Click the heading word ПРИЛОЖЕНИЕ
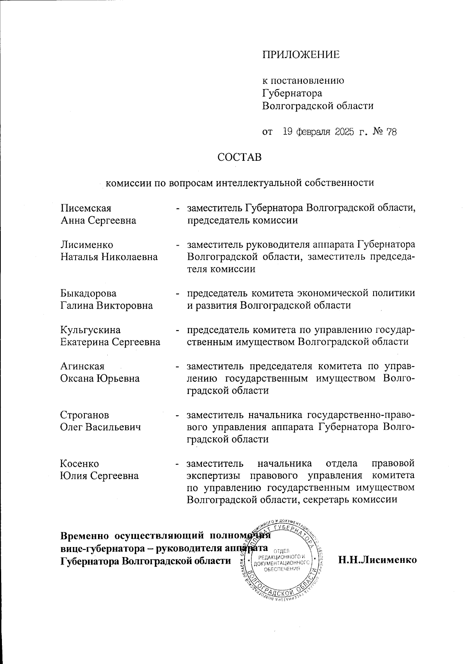coord(301,55)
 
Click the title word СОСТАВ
coord(239,157)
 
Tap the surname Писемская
coord(86,208)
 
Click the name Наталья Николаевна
coord(109,257)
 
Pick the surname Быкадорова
coord(88,293)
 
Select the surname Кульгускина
coord(91,330)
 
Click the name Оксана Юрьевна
coord(100,378)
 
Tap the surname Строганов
coord(85,415)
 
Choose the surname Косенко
coord(79,464)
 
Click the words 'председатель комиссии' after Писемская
coord(243,221)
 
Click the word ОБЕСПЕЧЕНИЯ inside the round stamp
coord(282,569)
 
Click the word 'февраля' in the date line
coord(313,132)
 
